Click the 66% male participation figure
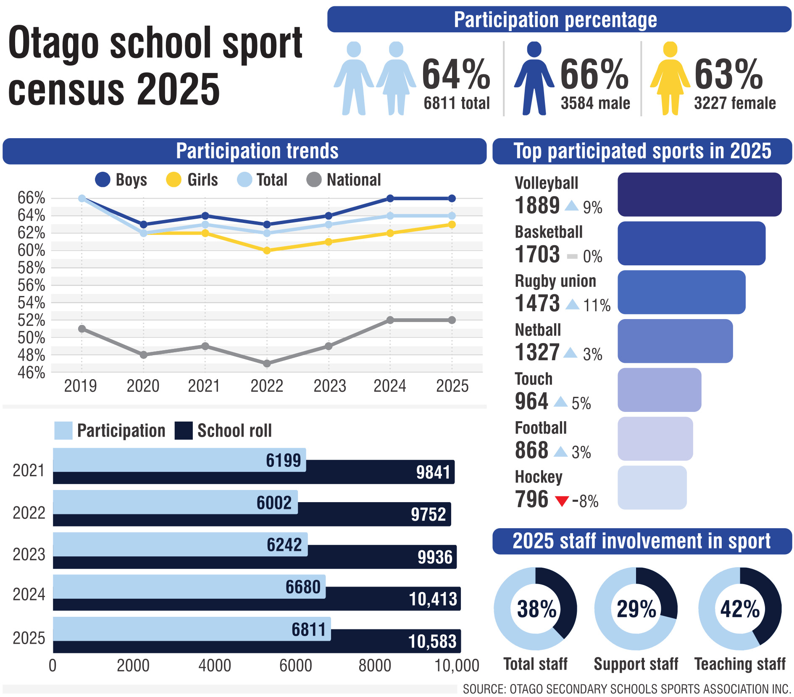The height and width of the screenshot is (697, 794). pos(594,75)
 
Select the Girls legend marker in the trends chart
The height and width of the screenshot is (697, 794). pos(174,180)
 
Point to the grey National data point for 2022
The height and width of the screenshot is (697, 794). pos(267,364)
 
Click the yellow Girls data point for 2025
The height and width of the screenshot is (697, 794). pos(452,225)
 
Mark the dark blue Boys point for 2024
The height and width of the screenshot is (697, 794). pos(390,199)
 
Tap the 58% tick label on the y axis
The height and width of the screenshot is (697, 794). pos(31,268)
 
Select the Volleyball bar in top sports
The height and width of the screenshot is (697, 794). pos(699,195)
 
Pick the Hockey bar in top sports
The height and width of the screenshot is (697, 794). pos(652,487)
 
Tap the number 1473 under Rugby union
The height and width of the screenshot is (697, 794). pos(537,303)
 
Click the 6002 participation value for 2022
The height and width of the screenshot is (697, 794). pos(274,503)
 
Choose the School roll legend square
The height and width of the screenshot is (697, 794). pos(184,431)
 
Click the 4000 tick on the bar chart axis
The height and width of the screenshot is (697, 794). pos(215,666)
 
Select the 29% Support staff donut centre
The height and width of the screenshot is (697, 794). pos(636,609)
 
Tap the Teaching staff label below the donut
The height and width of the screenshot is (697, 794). pos(740,664)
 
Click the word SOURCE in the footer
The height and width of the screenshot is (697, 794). pos(483,689)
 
